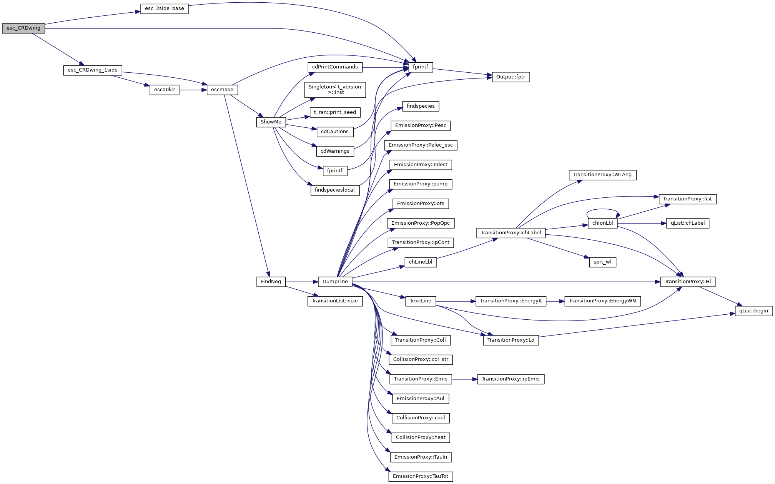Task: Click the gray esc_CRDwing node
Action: pyautogui.click(x=23, y=28)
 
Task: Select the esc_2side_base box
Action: pyautogui.click(x=164, y=8)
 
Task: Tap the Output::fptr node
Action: pyautogui.click(x=511, y=77)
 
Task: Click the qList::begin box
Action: pyautogui.click(x=753, y=311)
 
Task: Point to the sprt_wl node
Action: pyautogui.click(x=602, y=262)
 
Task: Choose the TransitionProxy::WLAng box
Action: pyautogui.click(x=602, y=175)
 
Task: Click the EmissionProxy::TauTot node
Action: pyautogui.click(x=421, y=476)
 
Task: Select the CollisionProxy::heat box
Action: pyautogui.click(x=421, y=437)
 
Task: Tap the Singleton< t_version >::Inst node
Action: pyautogui.click(x=335, y=90)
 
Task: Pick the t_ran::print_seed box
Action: pyautogui.click(x=335, y=112)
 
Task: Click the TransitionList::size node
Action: pyautogui.click(x=335, y=301)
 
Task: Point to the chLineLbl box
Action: pyautogui.click(x=421, y=262)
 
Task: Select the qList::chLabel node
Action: pyautogui.click(x=688, y=223)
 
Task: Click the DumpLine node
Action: pyautogui.click(x=335, y=282)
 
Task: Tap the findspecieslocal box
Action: pyautogui.click(x=335, y=190)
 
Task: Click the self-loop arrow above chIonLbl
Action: pyautogui.click(x=602, y=210)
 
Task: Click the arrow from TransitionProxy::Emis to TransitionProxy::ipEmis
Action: pyautogui.click(x=464, y=379)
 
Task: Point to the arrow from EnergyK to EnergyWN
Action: pyautogui.click(x=555, y=301)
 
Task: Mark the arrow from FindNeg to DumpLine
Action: pyautogui.click(x=302, y=282)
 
